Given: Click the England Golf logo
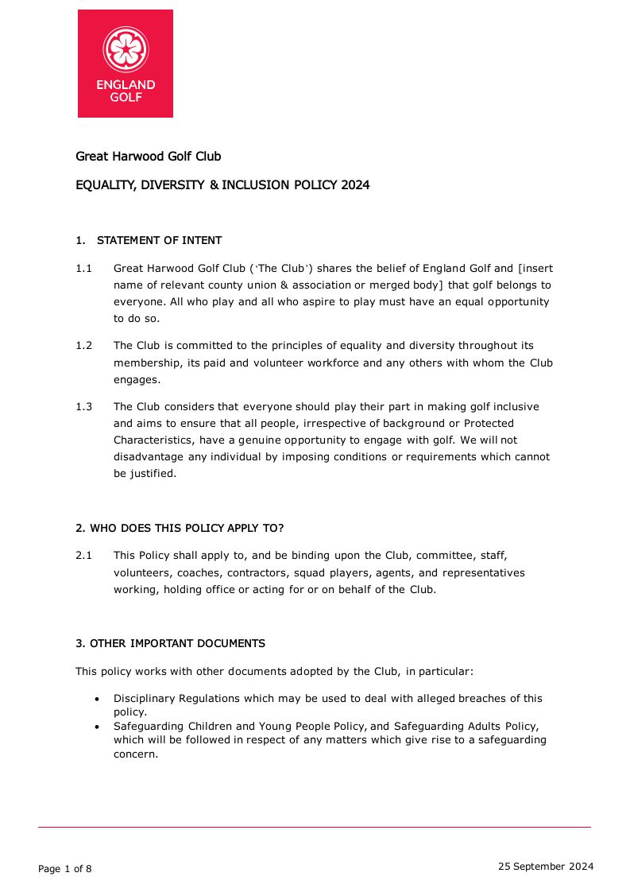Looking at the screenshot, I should point(126,64).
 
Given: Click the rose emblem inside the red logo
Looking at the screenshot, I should point(126,48).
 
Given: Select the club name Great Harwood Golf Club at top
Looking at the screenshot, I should point(149,157).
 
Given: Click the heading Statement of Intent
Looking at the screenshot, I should point(159,240).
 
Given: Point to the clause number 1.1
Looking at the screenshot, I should point(84,269).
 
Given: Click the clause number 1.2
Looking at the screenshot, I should point(84,346).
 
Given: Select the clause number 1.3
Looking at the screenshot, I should point(84,407).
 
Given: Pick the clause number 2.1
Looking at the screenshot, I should point(84,556).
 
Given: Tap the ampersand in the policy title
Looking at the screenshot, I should point(214,185).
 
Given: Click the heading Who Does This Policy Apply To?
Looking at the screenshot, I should point(180,528).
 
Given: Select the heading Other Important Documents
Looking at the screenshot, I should point(170,643).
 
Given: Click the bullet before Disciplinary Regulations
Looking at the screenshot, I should point(97,699).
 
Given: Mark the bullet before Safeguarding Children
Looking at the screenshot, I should point(97,727).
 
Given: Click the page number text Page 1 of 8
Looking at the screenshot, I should point(65,869).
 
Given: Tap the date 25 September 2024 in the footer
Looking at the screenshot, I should point(546,867).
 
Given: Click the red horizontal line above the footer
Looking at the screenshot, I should point(315,828).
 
